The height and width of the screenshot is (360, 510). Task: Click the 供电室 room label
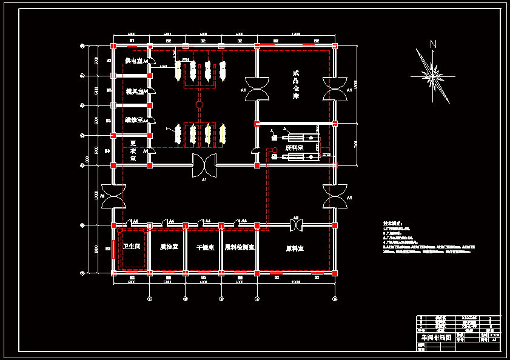(x=133, y=61)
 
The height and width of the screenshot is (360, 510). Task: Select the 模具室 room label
(x=134, y=91)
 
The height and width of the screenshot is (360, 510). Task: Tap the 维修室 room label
(x=134, y=120)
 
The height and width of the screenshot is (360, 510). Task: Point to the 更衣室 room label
(x=133, y=150)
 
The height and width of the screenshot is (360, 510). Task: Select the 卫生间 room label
(x=132, y=247)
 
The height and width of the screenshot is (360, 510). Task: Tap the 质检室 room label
(x=169, y=247)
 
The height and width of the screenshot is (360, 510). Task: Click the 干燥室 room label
(x=204, y=247)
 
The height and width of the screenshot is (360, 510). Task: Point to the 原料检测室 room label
(x=239, y=247)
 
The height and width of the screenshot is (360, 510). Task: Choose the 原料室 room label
(x=295, y=248)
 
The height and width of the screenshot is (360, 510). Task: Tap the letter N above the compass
(x=433, y=44)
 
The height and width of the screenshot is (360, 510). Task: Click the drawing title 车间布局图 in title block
(x=434, y=337)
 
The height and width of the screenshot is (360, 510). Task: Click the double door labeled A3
(x=296, y=224)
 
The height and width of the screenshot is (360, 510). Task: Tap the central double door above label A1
(x=204, y=165)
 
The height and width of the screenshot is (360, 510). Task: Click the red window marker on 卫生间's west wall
(x=113, y=248)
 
